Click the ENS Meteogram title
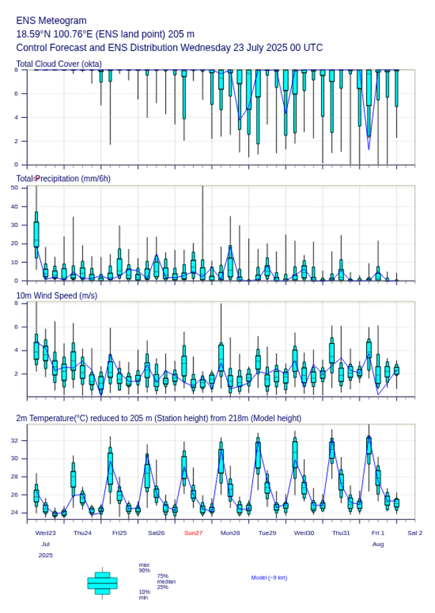pos(51,21)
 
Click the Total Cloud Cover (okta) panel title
pos(59,64)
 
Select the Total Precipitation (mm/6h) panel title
pos(64,179)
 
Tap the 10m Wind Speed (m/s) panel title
pos(57,295)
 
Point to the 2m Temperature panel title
pos(159,418)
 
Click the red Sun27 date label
pos(193,533)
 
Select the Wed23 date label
pos(46,533)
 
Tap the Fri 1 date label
pos(378,533)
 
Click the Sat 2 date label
pos(415,533)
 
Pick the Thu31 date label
pos(341,533)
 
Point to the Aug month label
pos(378,544)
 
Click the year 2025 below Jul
pos(46,555)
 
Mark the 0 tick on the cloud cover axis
pos(16,165)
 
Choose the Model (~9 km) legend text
pos(269,578)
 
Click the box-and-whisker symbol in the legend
pos(102,583)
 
